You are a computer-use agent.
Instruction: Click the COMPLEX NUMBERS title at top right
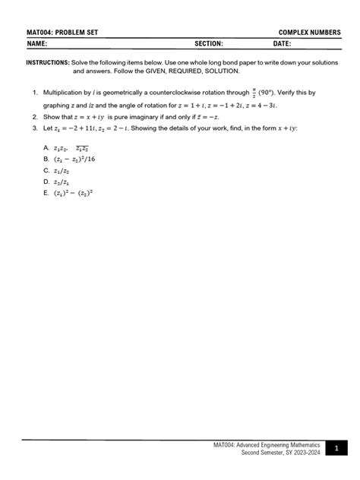pos(308,33)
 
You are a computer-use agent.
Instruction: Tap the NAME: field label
pos(36,44)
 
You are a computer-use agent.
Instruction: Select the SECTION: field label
pos(209,44)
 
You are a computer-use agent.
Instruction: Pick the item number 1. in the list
pos(36,93)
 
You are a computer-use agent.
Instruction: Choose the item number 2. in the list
pos(36,118)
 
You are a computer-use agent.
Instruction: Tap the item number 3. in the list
pos(36,128)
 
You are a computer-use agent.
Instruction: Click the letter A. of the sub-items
pos(46,147)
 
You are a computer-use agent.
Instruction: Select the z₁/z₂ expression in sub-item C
pos(62,171)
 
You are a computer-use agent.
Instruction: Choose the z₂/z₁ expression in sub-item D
pos(62,182)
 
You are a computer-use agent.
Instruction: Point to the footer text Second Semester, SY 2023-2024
pos(281,453)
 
